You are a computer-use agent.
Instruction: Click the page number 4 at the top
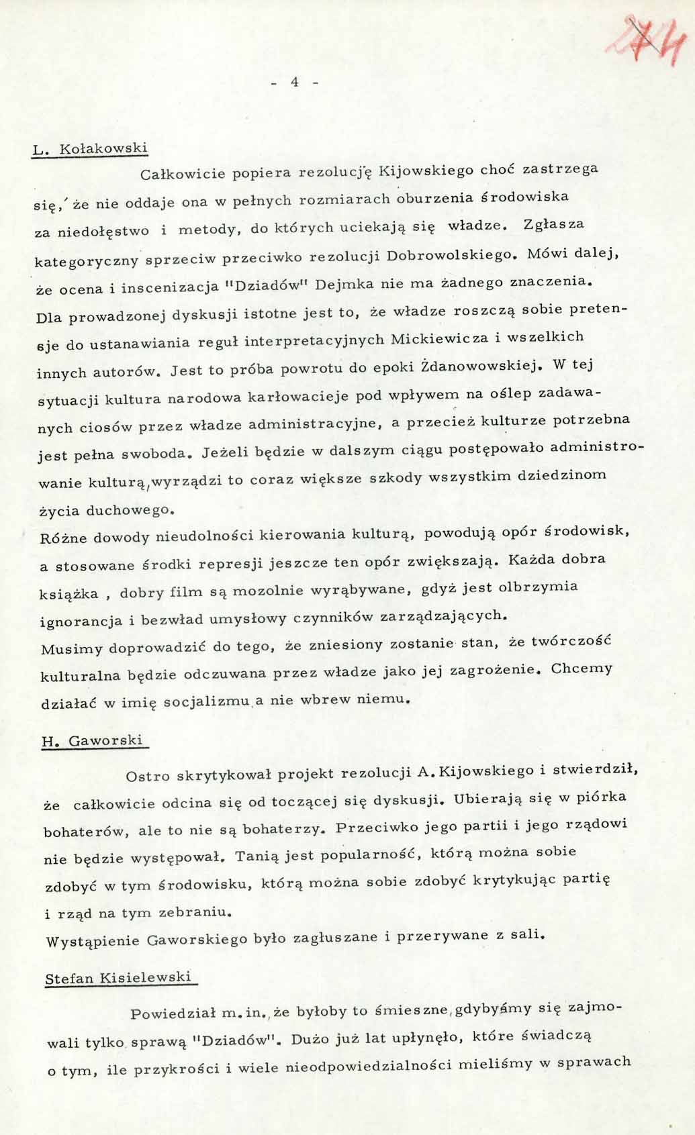click(294, 82)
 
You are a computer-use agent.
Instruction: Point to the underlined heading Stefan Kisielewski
click(118, 978)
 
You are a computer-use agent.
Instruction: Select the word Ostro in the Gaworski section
click(148, 777)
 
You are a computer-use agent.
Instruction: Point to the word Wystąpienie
click(89, 941)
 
